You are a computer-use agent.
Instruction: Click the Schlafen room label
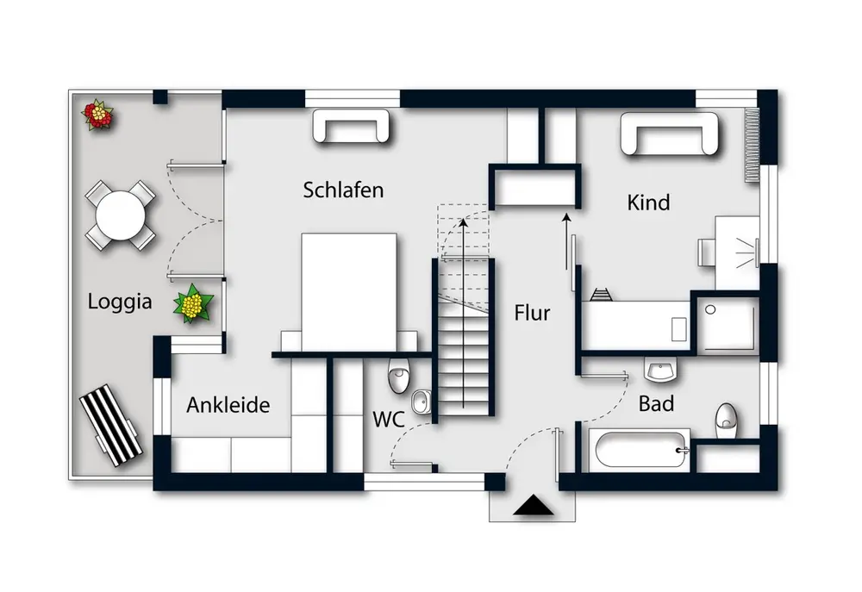coord(343,190)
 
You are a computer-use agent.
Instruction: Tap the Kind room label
coord(648,203)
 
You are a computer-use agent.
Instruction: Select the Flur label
coord(532,312)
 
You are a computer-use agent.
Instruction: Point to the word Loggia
coord(120,302)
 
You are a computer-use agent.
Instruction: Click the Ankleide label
coord(228,404)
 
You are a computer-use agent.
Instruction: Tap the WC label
coord(388,420)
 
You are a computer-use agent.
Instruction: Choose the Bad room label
coord(656,403)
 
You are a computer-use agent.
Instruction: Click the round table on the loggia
coord(121,215)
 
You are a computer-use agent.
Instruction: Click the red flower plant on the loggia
coord(98,114)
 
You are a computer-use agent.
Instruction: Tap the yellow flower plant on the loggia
coord(194,303)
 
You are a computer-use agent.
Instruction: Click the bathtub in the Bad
coord(638,449)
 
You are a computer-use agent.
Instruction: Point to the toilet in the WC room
coord(399,375)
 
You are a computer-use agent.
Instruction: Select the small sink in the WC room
coord(422,402)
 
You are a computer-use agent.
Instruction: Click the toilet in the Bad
coord(726,418)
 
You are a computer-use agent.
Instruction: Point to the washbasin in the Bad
coord(660,371)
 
